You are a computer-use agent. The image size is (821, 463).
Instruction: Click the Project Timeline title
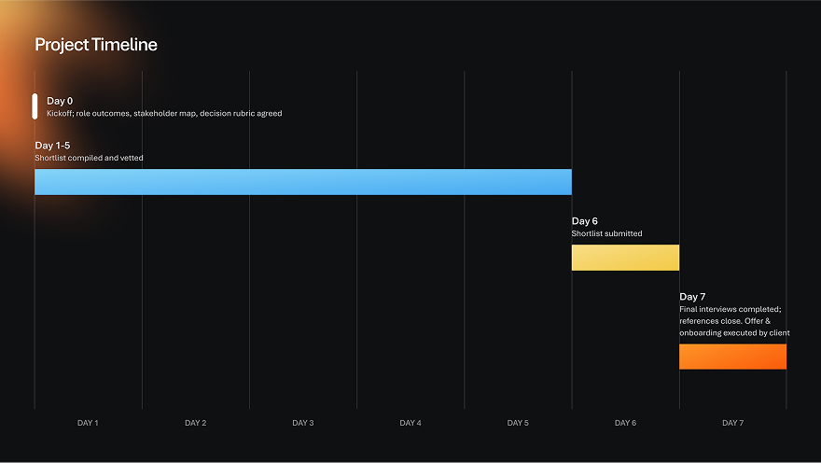point(96,45)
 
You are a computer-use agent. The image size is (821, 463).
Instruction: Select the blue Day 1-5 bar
point(303,182)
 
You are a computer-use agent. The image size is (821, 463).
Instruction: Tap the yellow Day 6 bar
point(625,258)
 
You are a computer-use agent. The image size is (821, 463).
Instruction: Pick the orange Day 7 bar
point(732,357)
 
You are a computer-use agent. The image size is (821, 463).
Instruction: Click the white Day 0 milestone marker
point(35,105)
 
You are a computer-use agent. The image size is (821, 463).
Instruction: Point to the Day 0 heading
point(60,101)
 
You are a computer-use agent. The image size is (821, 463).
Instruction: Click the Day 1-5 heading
point(52,146)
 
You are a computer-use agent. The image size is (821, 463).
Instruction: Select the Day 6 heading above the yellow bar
point(585,221)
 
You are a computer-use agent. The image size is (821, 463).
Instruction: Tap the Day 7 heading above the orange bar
point(692,297)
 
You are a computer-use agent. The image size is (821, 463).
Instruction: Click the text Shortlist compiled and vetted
point(89,158)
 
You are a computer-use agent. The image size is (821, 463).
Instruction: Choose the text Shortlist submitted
point(606,233)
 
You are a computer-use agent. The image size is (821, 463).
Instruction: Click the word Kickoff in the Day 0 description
point(62,114)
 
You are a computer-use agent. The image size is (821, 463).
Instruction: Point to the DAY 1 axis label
point(88,423)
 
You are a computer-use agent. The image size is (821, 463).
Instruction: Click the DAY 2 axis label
point(195,423)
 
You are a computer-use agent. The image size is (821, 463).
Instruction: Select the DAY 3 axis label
point(303,423)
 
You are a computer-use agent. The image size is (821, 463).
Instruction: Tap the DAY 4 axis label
point(410,423)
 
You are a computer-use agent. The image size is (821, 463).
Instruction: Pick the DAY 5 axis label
point(518,423)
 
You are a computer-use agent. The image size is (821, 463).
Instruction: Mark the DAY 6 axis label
point(625,423)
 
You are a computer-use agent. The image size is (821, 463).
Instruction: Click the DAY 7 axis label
point(732,423)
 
